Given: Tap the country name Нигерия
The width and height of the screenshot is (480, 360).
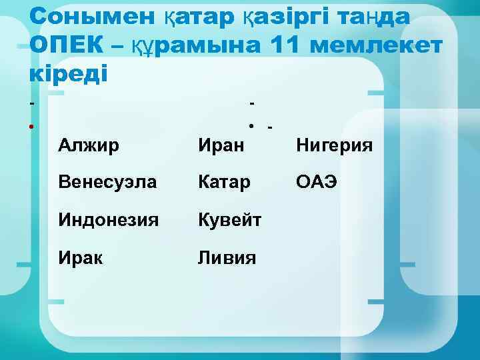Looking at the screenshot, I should coord(335,144).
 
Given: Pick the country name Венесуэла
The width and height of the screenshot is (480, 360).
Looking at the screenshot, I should coord(102,181).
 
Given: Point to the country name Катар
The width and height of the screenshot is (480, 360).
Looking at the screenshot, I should coord(224,181).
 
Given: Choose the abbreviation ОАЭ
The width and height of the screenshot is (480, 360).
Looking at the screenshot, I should coord(317,181).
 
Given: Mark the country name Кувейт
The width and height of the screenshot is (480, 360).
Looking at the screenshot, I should coord(229,219).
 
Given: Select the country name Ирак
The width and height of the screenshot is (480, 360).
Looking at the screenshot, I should coord(81,257).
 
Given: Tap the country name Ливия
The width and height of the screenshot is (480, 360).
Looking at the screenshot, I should coord(227,257).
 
